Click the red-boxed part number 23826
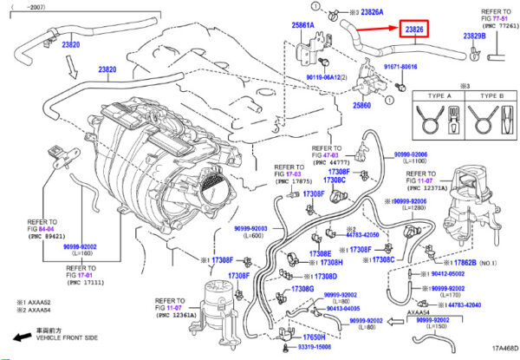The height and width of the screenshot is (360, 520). point(415,30)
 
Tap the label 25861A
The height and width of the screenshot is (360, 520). point(303,25)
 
